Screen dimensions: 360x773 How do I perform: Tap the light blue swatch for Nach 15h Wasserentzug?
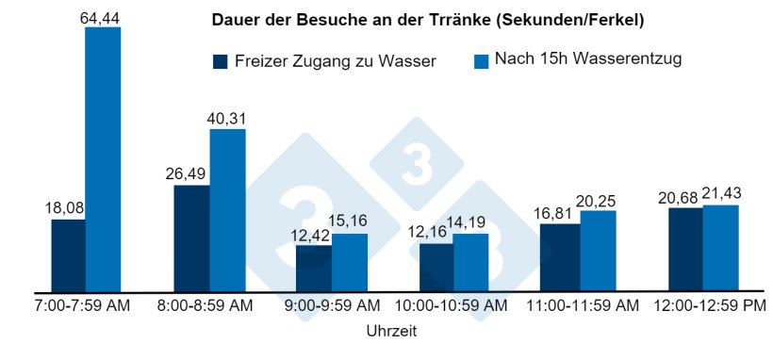pos(481,61)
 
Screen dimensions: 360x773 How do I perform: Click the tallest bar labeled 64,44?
pos(103,159)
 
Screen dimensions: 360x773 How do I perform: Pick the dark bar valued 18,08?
pos(68,255)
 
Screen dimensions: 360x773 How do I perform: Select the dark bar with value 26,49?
pos(191,238)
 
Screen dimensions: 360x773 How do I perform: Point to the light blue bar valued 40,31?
pos(227,210)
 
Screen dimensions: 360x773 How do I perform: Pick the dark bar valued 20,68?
pos(685,250)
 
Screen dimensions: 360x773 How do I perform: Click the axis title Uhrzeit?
pos(390,332)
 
